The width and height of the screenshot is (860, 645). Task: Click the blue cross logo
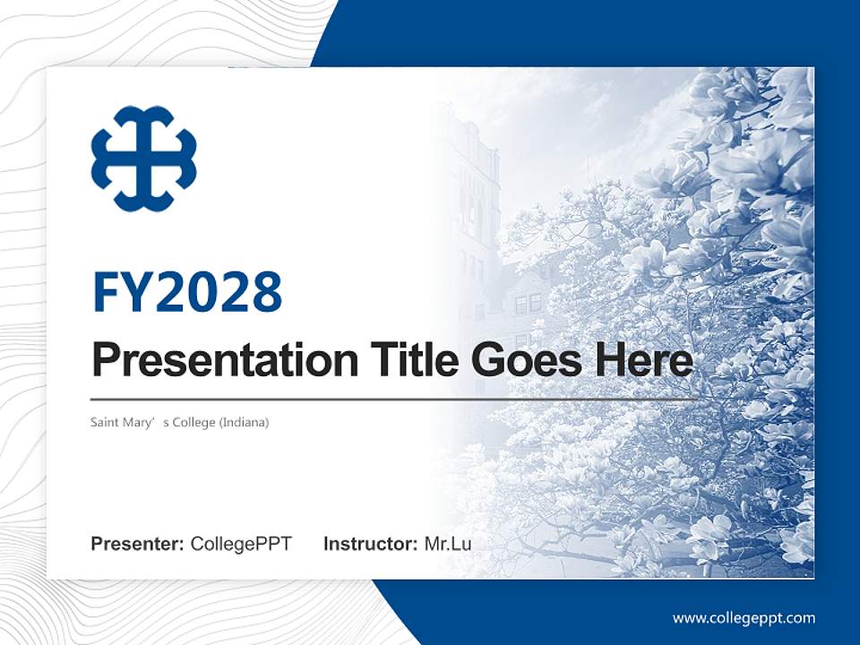click(143, 159)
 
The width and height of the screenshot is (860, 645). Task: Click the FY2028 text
click(187, 292)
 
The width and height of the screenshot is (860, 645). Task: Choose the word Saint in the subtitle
click(105, 422)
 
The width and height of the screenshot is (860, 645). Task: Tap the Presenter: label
click(138, 544)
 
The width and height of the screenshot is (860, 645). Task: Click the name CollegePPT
click(241, 544)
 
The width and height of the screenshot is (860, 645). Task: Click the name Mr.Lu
click(448, 544)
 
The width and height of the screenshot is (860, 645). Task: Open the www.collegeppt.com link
click(744, 618)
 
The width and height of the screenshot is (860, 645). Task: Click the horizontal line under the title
click(394, 400)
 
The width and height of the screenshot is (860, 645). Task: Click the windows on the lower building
click(528, 304)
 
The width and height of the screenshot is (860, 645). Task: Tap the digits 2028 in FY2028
click(219, 292)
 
